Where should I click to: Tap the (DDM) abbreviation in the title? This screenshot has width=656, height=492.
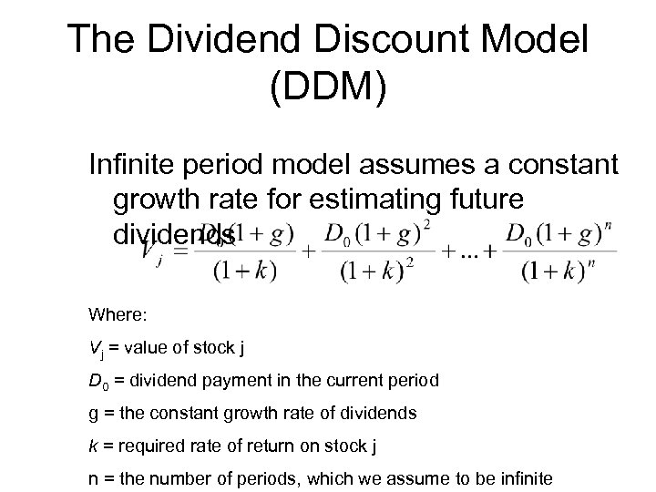(328, 89)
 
